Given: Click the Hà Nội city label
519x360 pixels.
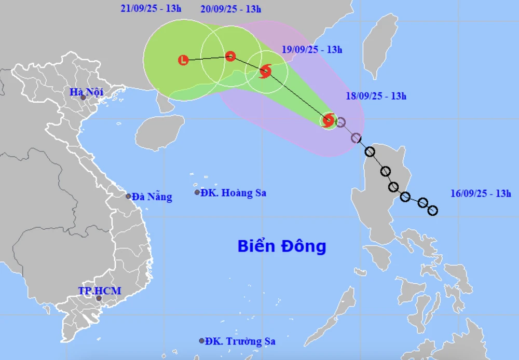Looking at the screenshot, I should [87, 92].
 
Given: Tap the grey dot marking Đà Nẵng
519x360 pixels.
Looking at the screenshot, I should [129, 196].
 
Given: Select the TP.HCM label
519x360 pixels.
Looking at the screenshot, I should [99, 291].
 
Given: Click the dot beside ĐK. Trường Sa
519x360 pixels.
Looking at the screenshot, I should [202, 341].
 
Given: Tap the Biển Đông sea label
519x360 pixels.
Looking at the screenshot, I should [282, 246].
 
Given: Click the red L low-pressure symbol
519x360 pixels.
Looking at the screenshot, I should [183, 60].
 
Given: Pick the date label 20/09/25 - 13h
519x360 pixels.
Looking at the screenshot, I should [230, 9].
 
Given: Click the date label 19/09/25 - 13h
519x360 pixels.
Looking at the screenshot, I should [312, 50].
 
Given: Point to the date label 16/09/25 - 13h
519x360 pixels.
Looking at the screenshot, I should [481, 193].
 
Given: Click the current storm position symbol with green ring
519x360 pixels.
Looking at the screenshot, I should [328, 121].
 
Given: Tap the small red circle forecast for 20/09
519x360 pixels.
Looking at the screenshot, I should [230, 57].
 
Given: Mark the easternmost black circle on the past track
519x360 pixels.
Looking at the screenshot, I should [432, 210].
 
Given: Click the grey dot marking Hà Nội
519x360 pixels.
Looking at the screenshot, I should [83, 98].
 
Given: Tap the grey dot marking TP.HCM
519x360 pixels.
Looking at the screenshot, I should [99, 298].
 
